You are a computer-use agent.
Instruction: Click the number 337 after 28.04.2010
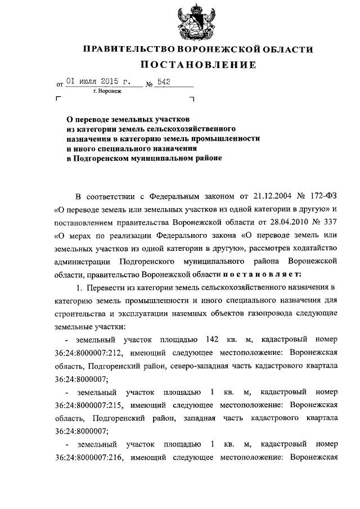(328, 222)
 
